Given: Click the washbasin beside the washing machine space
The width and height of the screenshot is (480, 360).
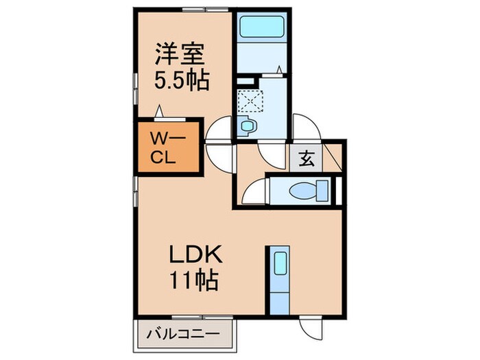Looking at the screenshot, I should [x=246, y=126].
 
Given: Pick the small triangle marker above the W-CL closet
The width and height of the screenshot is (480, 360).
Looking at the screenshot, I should [x=160, y=110].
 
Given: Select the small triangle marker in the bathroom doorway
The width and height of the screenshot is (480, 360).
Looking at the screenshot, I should [x=280, y=69].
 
